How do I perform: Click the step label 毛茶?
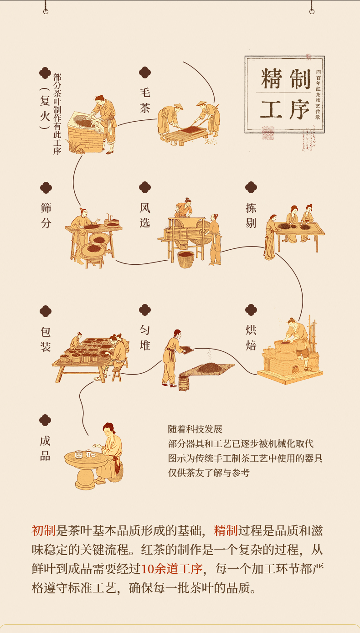145,100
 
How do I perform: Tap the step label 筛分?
46,215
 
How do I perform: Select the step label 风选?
145,215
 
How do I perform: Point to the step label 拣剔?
251,215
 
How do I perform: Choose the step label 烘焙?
251,337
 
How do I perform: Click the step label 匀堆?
145,337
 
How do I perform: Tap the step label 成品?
45,448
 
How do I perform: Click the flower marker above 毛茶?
145,72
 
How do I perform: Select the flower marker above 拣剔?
251,187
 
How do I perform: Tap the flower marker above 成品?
45,420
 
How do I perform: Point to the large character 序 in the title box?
300,109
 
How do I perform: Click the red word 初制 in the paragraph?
43,530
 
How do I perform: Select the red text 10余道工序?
171,569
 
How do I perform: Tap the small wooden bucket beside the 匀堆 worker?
184,383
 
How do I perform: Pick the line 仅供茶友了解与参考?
209,473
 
